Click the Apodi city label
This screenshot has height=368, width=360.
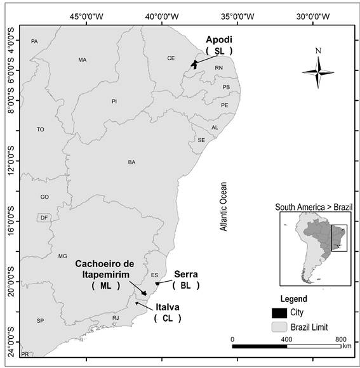coord(220,39)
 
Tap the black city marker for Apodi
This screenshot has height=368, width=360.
coord(195,63)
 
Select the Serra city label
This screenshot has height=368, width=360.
coord(186,274)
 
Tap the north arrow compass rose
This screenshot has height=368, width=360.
coord(317,69)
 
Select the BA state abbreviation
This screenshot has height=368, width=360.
coord(131,162)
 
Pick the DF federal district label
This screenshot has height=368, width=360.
coord(44,218)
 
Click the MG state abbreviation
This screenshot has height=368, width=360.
coord(62,256)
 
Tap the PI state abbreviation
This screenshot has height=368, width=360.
coord(114,101)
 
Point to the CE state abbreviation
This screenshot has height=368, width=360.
coord(171,58)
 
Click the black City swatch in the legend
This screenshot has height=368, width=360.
coord(279,313)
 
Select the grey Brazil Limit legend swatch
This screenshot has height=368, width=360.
coord(279,326)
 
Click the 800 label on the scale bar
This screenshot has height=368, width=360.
coord(340,339)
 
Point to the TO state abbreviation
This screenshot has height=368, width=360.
coord(41,129)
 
